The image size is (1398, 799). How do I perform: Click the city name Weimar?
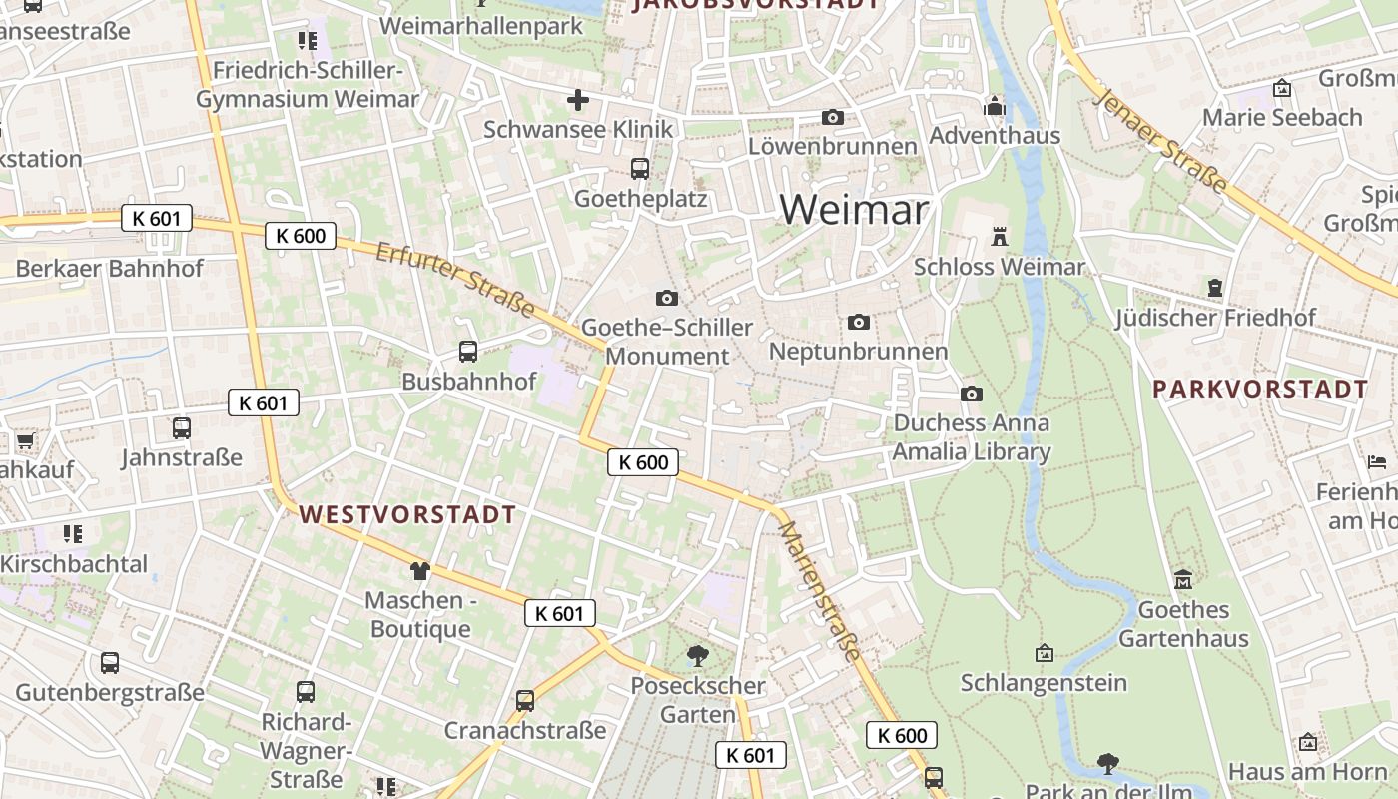pyautogui.click(x=854, y=210)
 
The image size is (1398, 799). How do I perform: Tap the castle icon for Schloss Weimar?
pyautogui.click(x=999, y=237)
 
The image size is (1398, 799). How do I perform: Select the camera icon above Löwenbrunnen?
pyautogui.click(x=832, y=118)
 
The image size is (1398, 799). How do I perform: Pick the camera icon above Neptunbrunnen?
pyautogui.click(x=858, y=322)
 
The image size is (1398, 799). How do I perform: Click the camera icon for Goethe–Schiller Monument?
pyautogui.click(x=666, y=298)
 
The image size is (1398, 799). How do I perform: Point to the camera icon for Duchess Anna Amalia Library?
pyautogui.click(x=971, y=395)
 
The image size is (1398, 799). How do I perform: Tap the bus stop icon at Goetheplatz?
pyautogui.click(x=640, y=169)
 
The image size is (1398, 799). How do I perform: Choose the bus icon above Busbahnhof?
pyautogui.click(x=467, y=351)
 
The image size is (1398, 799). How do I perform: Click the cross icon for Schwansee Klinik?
pyautogui.click(x=578, y=100)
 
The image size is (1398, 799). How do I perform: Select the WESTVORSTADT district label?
pyautogui.click(x=407, y=515)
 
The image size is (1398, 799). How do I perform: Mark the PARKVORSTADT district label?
pyautogui.click(x=1260, y=389)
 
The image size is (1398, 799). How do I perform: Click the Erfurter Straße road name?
pyautogui.click(x=454, y=280)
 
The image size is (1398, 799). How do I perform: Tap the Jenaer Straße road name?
pyautogui.click(x=1160, y=140)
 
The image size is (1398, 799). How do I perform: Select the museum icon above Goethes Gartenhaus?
pyautogui.click(x=1183, y=579)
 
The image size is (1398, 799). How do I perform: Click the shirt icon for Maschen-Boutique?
pyautogui.click(x=419, y=571)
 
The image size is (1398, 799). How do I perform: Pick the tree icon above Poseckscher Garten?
pyautogui.click(x=697, y=656)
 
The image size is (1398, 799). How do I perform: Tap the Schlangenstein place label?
pyautogui.click(x=1044, y=683)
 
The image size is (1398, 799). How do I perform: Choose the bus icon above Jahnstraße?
pyautogui.click(x=181, y=428)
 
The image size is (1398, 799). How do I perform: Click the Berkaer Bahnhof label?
pyautogui.click(x=109, y=268)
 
